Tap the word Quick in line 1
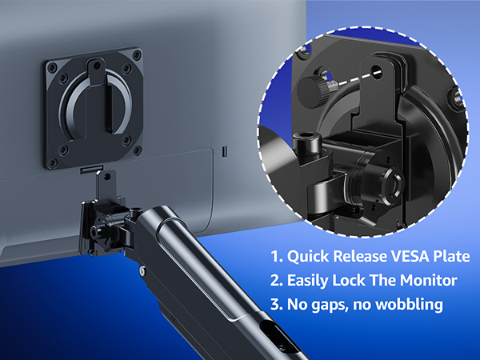(309, 257)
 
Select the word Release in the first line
(358, 257)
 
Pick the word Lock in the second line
(355, 281)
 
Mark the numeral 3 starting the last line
(275, 306)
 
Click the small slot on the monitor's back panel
(224, 150)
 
